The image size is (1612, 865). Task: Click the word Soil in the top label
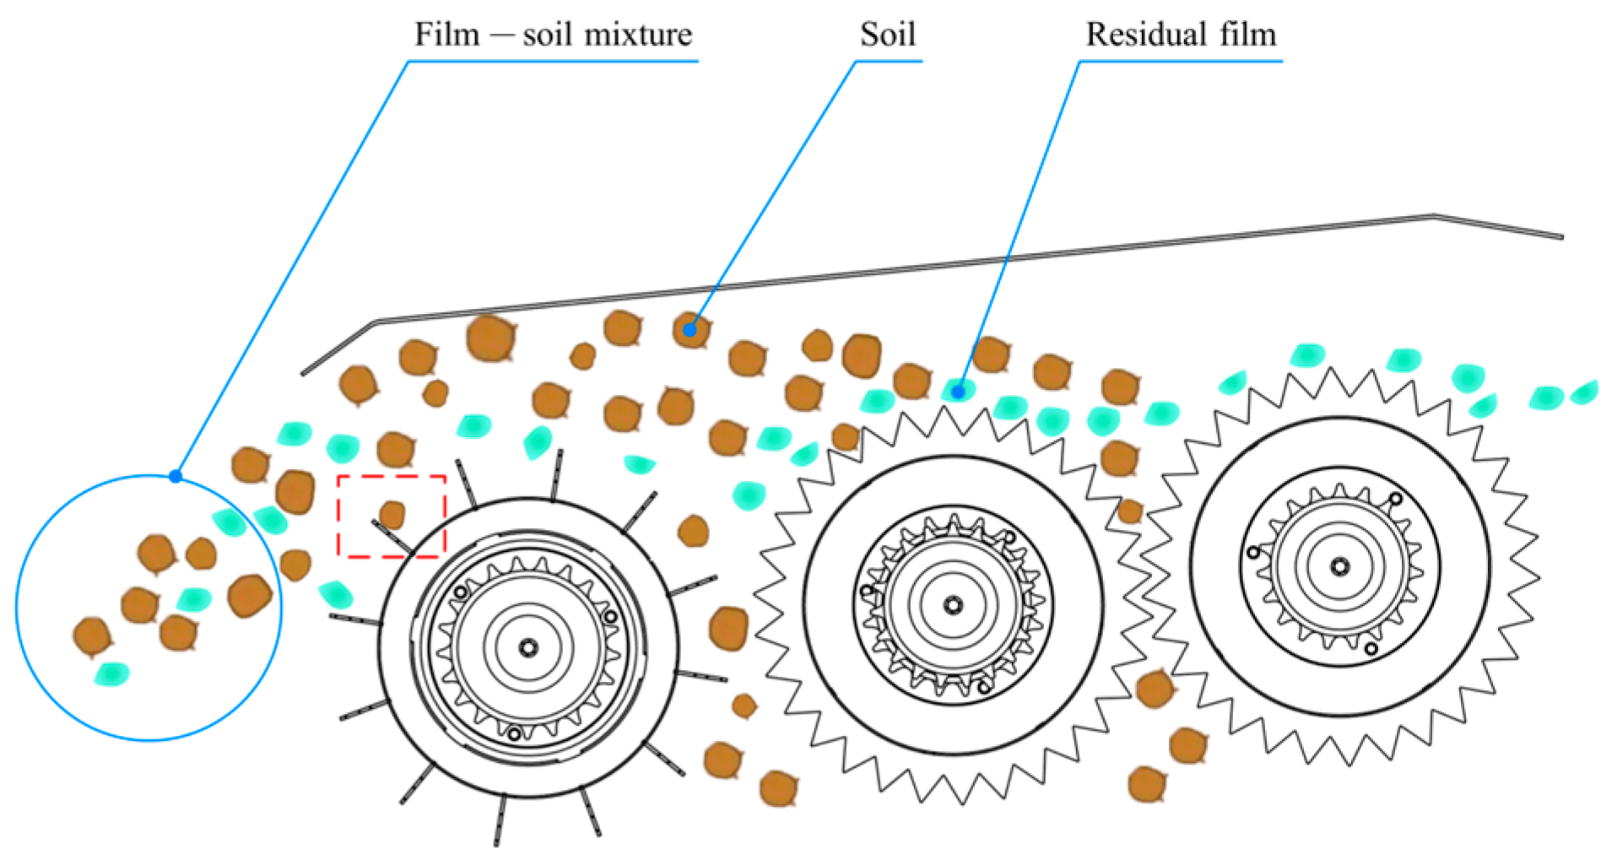point(887,35)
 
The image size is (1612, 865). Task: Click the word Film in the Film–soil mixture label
point(446,35)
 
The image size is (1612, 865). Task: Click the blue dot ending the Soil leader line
point(690,330)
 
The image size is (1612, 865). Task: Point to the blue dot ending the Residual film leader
point(958,392)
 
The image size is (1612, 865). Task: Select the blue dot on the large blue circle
point(176,477)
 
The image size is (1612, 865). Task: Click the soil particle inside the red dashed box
point(392,514)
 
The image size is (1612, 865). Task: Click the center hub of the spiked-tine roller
point(528,647)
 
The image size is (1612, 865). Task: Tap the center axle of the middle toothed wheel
point(953,605)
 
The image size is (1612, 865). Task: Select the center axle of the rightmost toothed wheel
point(1339,565)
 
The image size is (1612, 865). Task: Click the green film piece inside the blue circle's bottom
point(111,673)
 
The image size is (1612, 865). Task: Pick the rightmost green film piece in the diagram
point(1585,392)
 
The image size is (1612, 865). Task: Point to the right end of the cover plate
point(1561,236)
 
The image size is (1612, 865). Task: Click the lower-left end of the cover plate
point(304,372)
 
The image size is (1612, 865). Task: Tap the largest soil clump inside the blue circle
point(249,595)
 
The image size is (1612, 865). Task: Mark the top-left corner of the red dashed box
point(338,477)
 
